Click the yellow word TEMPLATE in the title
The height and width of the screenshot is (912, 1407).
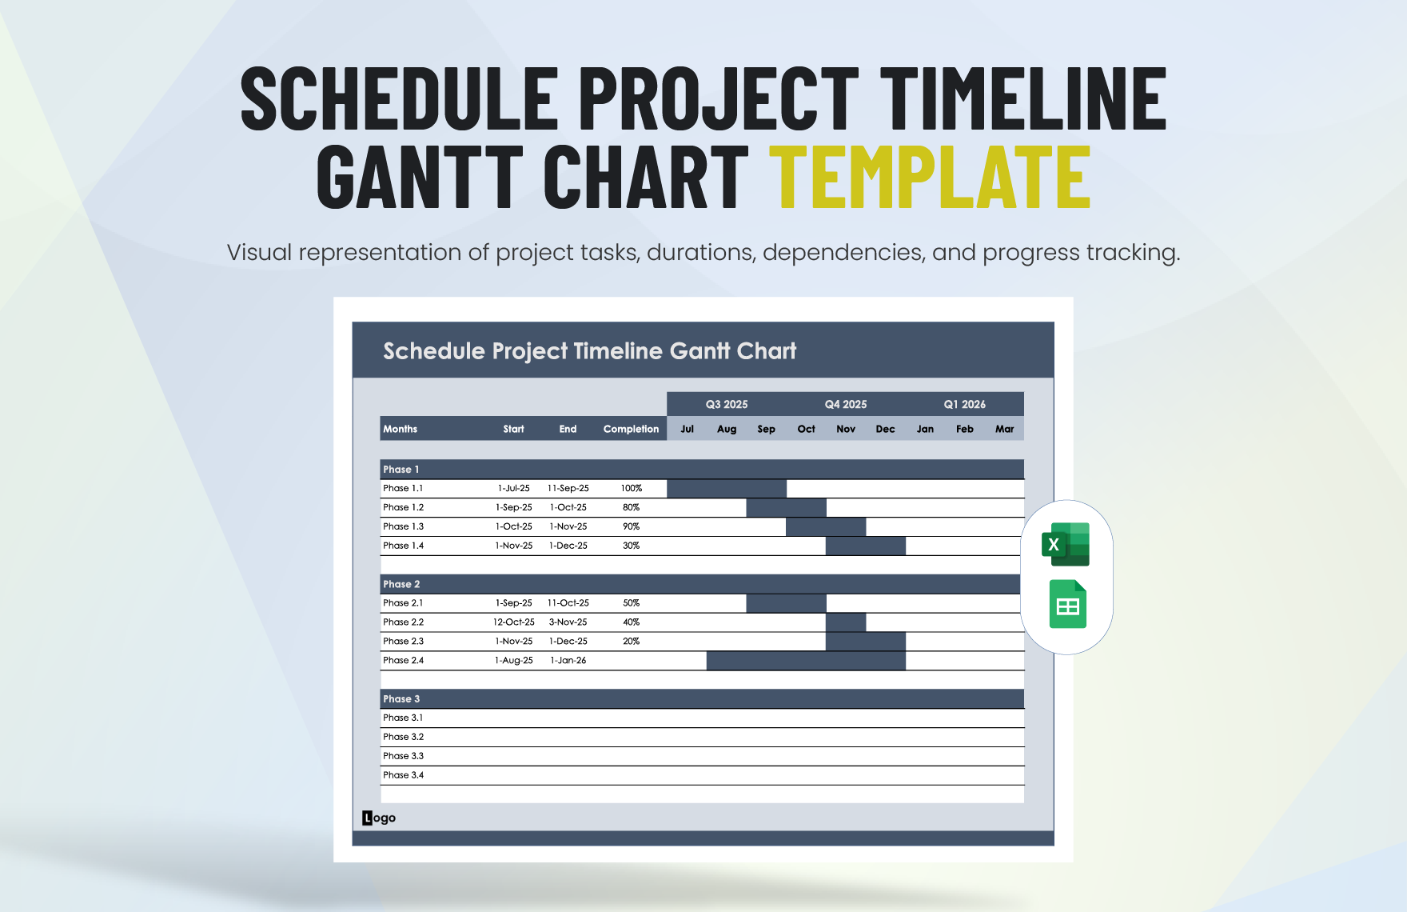pyautogui.click(x=930, y=178)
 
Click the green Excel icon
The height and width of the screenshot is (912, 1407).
pyautogui.click(x=1066, y=544)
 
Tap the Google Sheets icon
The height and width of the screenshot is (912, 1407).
pyautogui.click(x=1067, y=604)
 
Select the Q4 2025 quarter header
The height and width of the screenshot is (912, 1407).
pyautogui.click(x=845, y=404)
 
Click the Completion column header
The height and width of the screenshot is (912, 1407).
pyautogui.click(x=631, y=429)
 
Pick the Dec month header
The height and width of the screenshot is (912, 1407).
pyautogui.click(x=885, y=429)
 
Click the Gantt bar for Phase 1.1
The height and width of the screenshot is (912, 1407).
pyautogui.click(x=726, y=488)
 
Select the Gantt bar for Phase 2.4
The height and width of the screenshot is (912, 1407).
pyautogui.click(x=806, y=661)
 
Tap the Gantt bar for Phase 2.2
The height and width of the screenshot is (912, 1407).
pyautogui.click(x=845, y=622)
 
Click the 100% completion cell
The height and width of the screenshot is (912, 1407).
pyautogui.click(x=631, y=488)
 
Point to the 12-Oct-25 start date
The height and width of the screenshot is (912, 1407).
pyautogui.click(x=513, y=622)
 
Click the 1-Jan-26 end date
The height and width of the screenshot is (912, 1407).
pyautogui.click(x=568, y=661)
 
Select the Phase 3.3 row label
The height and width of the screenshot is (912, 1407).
pyautogui.click(x=403, y=756)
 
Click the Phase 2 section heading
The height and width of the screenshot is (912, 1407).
pyautogui.click(x=401, y=584)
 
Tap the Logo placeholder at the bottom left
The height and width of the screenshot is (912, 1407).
pyautogui.click(x=379, y=818)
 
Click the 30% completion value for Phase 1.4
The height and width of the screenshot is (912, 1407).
pyautogui.click(x=631, y=546)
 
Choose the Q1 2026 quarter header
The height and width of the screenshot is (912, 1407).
pyautogui.click(x=964, y=404)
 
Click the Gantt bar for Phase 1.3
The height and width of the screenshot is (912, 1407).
pyautogui.click(x=825, y=526)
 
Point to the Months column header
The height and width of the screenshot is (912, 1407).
pyautogui.click(x=400, y=429)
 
